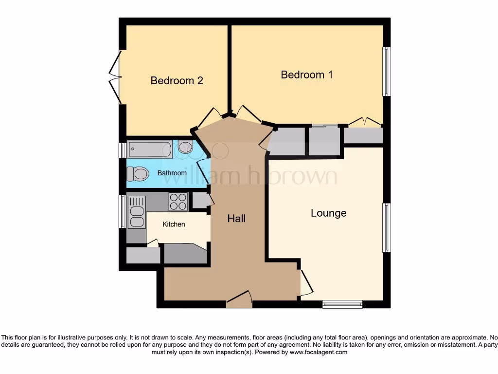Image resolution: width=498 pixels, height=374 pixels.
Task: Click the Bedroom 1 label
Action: point(306,75)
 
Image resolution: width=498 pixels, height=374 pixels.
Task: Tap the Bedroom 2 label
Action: point(177,81)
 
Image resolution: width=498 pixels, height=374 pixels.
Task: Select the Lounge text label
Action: point(328,213)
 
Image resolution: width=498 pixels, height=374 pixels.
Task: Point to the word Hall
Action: point(236,219)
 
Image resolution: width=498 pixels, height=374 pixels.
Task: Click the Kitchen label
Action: point(174,224)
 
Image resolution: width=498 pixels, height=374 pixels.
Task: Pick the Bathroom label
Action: point(172,173)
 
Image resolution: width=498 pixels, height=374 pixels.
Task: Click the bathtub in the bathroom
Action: point(149,149)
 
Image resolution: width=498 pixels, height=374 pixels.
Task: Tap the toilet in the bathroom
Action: point(138,173)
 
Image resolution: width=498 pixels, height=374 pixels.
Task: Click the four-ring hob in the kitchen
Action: point(178,202)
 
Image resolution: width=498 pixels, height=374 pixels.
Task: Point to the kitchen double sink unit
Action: point(137,212)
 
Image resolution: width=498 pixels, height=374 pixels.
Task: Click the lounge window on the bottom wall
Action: point(342,304)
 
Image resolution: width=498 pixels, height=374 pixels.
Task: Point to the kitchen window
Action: point(122,211)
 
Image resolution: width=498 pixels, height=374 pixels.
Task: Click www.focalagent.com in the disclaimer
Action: point(319,352)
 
